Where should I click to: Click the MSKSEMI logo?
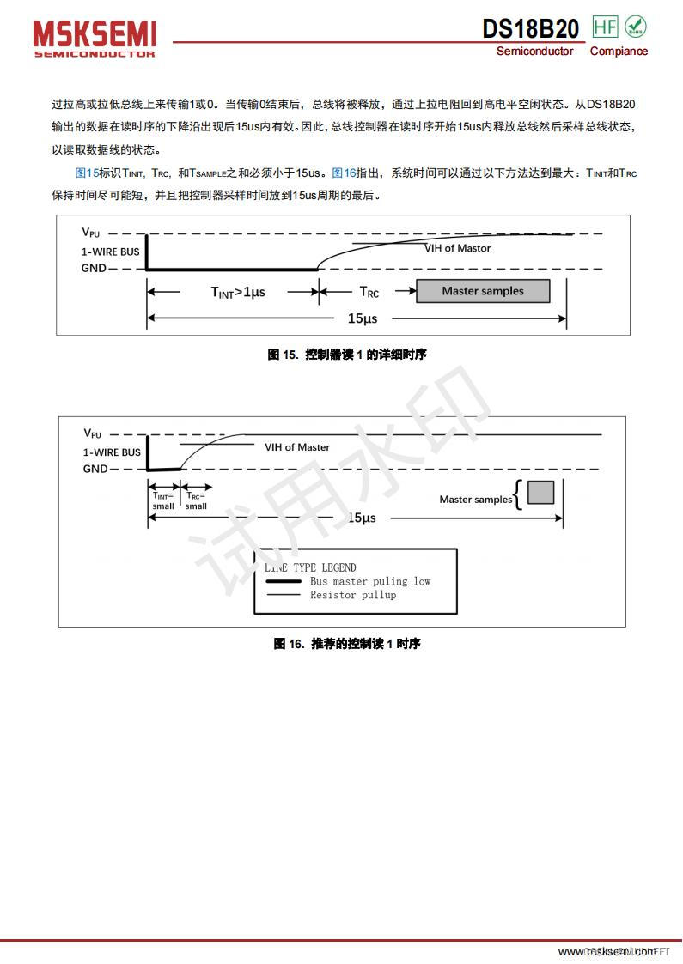click(95, 39)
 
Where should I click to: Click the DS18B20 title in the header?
click(530, 29)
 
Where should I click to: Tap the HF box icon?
click(605, 27)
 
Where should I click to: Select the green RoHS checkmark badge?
click(636, 27)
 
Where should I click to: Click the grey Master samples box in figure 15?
click(483, 291)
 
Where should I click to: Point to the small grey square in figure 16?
click(540, 492)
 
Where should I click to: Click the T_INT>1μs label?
click(238, 292)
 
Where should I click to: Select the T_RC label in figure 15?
click(369, 292)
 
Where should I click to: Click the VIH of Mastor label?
click(457, 248)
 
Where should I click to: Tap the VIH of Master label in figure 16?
click(296, 447)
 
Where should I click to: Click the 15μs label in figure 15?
click(362, 318)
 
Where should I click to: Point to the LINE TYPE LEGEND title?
click(310, 567)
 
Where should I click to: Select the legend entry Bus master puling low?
click(369, 581)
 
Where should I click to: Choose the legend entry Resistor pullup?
click(353, 595)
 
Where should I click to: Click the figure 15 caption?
click(347, 354)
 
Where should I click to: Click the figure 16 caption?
click(347, 644)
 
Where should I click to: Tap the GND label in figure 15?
click(95, 268)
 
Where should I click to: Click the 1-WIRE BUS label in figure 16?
click(112, 452)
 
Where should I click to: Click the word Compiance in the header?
click(619, 52)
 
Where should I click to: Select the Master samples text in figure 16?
click(475, 500)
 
